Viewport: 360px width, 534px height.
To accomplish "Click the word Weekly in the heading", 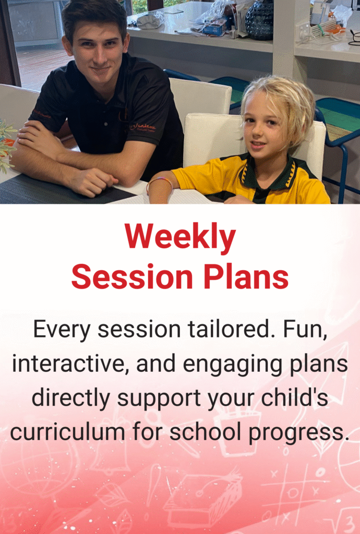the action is point(180,237).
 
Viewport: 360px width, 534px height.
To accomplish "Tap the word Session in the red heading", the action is point(132,276).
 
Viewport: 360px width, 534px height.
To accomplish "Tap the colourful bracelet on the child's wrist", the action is point(160,183).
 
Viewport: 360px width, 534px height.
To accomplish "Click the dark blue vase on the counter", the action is point(259,20).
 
